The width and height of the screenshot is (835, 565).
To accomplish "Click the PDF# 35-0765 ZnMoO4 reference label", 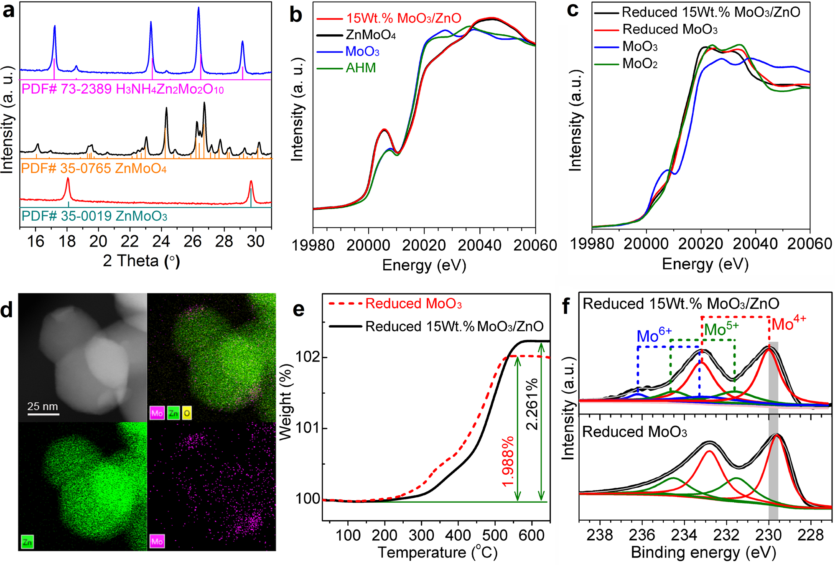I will point(94,168).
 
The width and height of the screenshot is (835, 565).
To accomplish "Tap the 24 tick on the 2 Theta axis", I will point(161,241).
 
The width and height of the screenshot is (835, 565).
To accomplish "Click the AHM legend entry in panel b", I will point(360,68).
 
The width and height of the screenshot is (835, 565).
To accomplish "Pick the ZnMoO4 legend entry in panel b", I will point(370,35).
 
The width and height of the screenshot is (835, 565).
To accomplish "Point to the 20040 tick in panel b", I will point(479,245).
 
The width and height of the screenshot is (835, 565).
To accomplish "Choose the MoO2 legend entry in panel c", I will point(639,64).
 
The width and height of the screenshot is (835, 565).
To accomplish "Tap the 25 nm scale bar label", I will point(43,406).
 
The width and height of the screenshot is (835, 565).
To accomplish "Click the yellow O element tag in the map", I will point(186,413).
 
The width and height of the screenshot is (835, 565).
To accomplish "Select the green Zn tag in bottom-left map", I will point(27,542).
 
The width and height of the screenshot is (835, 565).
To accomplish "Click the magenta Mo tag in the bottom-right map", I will point(157,542).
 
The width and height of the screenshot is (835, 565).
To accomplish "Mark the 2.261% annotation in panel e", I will point(532,404).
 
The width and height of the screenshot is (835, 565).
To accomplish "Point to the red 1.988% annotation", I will point(508,462).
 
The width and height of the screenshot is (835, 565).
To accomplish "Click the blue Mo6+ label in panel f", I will point(654,336).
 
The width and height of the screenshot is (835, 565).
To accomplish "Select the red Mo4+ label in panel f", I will point(788,323).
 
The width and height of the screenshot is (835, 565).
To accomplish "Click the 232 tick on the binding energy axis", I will point(726,535).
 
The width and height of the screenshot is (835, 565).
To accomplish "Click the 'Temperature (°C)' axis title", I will point(438,552).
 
